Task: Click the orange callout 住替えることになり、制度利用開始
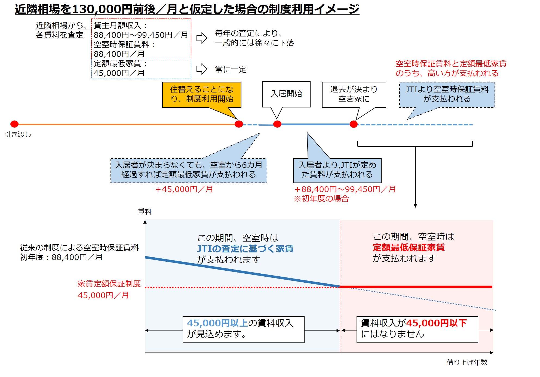202,94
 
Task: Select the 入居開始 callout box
286,94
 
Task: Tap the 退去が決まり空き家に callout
354,94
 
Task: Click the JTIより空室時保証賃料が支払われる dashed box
447,94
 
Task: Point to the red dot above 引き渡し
14,124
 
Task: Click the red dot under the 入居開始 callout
277,124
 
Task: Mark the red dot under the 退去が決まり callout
354,124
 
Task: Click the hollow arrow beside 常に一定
202,69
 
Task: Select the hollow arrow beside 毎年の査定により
202,38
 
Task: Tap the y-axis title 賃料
145,211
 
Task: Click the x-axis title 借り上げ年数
467,362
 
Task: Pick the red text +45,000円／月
184,189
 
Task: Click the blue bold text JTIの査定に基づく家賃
245,249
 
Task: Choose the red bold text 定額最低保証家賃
409,248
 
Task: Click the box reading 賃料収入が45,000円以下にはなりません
417,329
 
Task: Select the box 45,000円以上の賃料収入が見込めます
243,329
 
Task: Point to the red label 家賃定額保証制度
109,284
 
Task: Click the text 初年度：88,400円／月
61,257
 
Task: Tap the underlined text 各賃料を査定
60,35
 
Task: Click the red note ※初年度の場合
321,199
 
